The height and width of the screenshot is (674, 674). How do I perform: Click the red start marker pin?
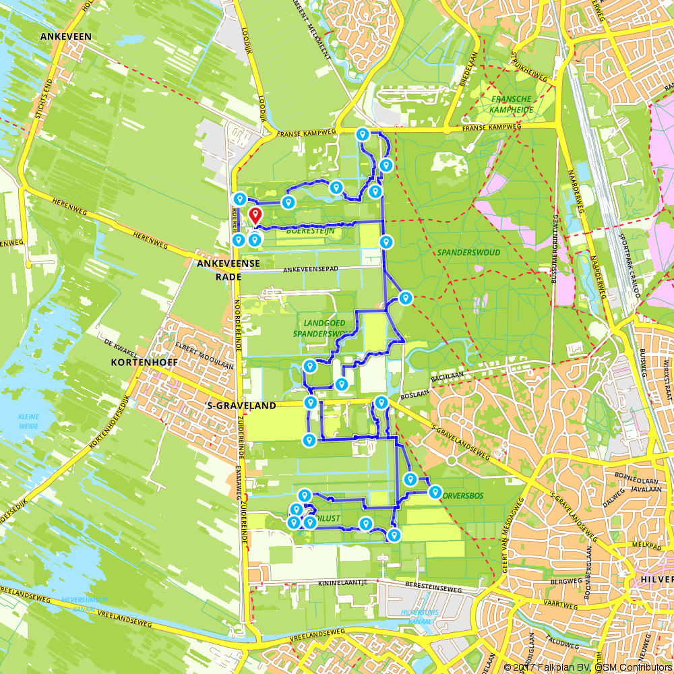click(x=255, y=216)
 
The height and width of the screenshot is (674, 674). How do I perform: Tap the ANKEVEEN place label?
click(x=65, y=36)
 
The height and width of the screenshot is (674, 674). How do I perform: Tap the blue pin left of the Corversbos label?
click(x=410, y=479)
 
